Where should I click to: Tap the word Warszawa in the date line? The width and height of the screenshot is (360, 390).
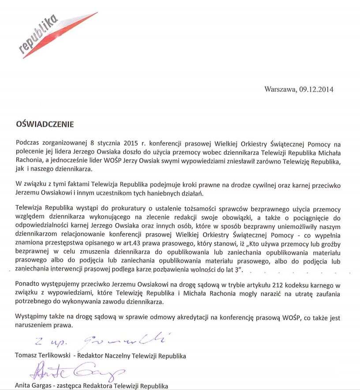280,89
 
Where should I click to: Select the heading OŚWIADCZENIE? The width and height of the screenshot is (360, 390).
44,124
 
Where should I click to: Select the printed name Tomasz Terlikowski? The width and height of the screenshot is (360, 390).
42,356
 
